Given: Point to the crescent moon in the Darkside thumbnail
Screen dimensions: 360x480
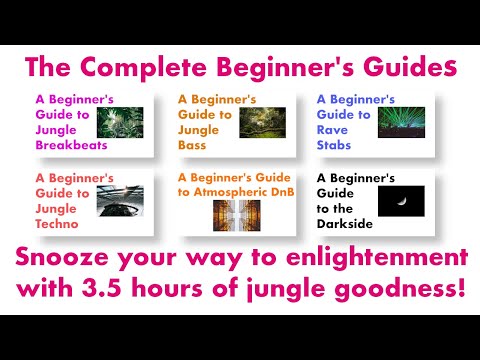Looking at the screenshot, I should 403,200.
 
